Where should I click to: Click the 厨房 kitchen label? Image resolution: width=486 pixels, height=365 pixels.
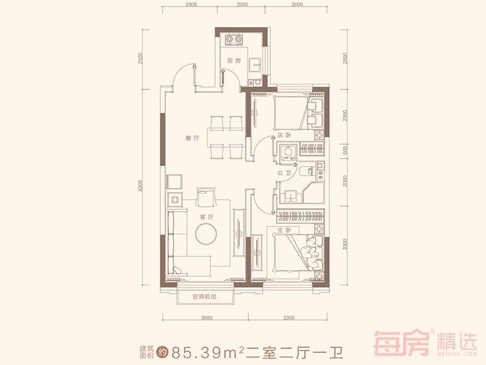click(234, 61)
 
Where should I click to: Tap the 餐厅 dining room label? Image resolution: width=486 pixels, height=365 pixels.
click(192, 139)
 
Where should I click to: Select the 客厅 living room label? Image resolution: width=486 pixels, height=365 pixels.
click(208, 217)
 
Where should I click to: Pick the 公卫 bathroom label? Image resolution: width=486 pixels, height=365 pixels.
click(284, 174)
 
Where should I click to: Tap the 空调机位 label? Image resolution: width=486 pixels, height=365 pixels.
click(204, 297)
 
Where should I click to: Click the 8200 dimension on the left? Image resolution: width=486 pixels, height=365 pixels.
click(141, 187)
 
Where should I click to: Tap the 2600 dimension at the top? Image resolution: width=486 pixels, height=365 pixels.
click(297, 4)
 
